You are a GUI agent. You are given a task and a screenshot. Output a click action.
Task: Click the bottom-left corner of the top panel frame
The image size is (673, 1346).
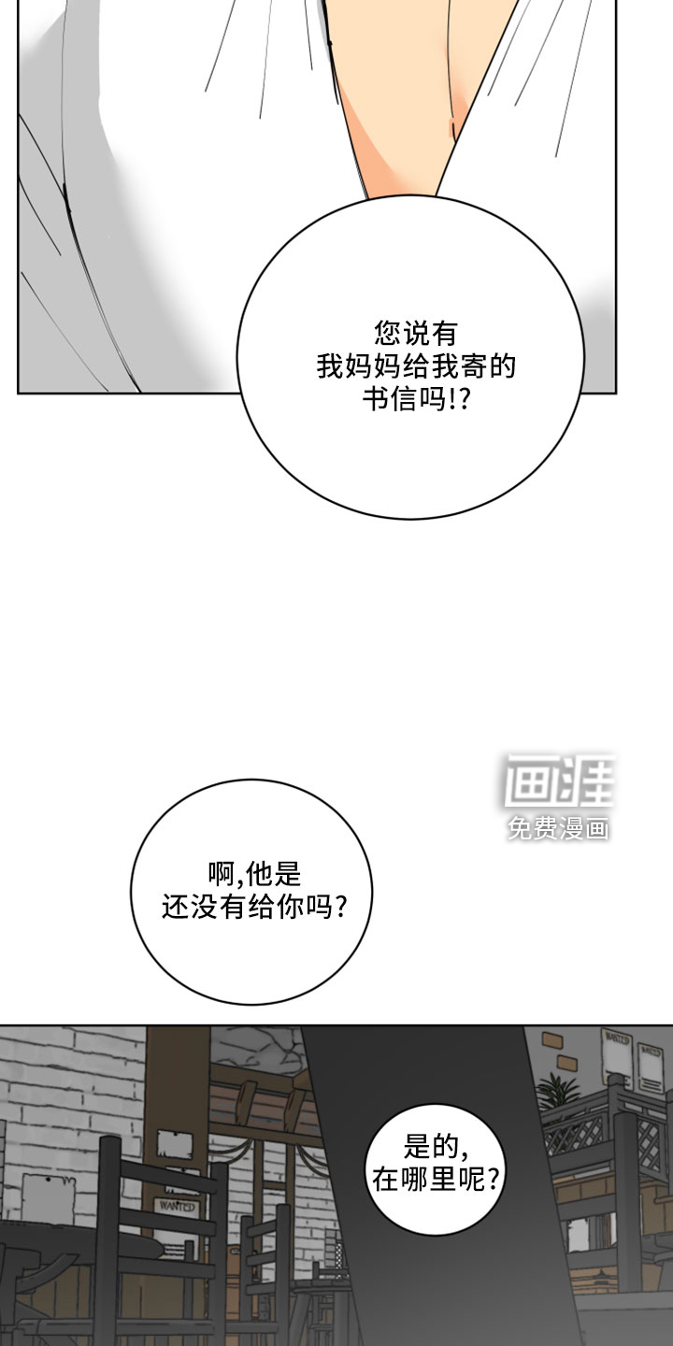[18, 394]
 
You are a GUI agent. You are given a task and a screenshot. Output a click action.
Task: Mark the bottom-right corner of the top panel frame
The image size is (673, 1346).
[617, 394]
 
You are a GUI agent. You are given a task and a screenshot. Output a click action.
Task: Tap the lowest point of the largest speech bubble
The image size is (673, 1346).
[411, 519]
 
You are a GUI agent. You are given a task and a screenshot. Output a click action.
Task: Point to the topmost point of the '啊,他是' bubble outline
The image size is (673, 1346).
[251, 780]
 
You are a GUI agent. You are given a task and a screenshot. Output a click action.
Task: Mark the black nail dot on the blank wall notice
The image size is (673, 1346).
[48, 1181]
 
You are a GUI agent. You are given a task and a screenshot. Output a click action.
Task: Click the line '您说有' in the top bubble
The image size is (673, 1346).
[416, 334]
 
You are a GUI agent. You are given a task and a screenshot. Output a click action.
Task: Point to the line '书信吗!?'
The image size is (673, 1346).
[416, 398]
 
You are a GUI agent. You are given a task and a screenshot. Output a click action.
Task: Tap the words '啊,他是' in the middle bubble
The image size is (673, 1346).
[254, 875]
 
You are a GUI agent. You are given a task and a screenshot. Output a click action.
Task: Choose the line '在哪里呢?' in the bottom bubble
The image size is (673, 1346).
[435, 1179]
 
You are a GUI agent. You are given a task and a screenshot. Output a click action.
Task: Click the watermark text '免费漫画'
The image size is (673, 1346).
[558, 828]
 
